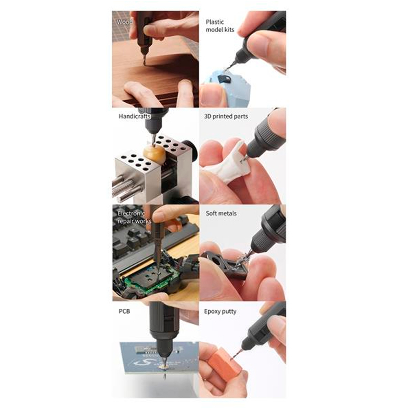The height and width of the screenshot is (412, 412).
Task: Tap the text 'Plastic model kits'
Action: click(x=220, y=26)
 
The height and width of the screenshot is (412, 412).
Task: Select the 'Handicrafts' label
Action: click(x=135, y=116)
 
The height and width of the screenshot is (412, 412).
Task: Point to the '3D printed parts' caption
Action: click(x=226, y=116)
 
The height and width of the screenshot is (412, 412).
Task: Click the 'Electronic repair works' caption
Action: click(x=134, y=217)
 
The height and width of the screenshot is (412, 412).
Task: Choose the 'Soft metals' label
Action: click(x=221, y=213)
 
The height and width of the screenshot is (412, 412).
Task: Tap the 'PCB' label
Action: click(x=124, y=311)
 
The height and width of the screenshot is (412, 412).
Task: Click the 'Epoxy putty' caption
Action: click(x=220, y=312)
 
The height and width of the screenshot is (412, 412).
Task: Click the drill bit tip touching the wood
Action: click(x=144, y=63)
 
